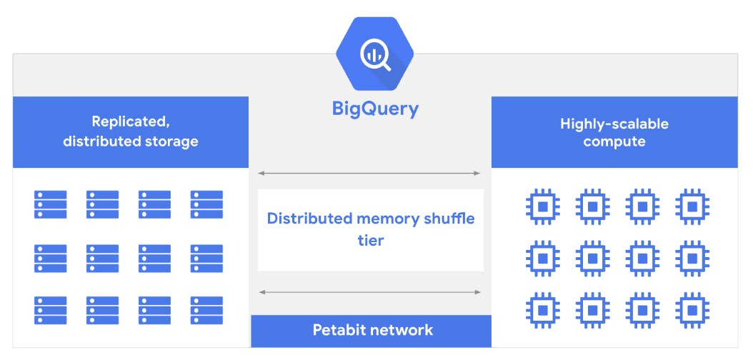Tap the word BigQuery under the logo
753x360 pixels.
coord(375,109)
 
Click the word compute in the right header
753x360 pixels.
coord(614,141)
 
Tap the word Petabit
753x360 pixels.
coord(340,330)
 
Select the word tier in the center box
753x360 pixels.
coord(371,240)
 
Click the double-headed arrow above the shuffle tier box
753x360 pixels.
coord(369,173)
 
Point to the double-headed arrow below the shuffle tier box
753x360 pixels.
coord(369,291)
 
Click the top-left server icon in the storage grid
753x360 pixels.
coord(50,204)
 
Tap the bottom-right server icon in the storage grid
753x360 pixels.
coord(206,310)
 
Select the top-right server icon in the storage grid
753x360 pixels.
coord(206,204)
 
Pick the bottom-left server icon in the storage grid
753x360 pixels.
coord(50,310)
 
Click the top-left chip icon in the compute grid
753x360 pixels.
coord(542,205)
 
